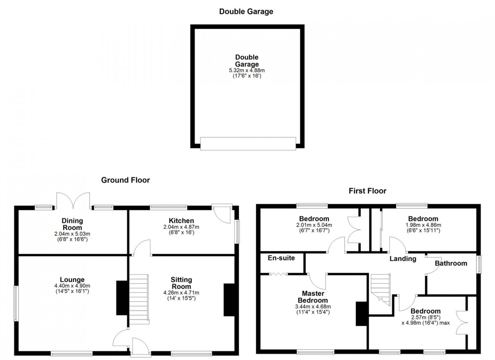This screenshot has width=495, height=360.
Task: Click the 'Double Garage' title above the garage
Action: point(246,11)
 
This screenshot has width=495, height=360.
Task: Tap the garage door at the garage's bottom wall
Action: point(248,144)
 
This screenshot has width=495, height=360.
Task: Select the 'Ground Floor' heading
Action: point(125,180)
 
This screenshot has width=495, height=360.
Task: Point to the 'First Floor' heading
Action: point(367,191)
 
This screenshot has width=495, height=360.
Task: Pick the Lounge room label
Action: point(72,280)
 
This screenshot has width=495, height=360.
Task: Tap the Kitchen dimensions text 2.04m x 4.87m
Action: point(181,227)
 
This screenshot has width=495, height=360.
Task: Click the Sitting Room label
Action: point(181,283)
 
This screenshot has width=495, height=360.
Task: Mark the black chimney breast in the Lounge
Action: point(122,298)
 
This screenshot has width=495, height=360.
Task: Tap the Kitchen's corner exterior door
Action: point(222,213)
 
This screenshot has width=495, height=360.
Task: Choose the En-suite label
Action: point(281,258)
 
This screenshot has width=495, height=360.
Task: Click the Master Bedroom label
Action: point(313,297)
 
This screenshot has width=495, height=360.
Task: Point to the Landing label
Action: point(402,259)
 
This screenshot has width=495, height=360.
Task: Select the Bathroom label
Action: point(451,263)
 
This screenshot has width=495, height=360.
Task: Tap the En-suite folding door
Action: point(278,274)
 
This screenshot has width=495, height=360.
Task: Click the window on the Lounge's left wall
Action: point(16,303)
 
